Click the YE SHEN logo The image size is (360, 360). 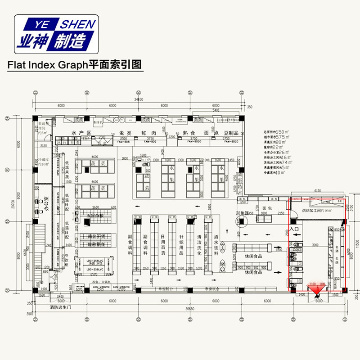coord(56,34)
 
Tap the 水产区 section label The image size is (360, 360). coord(81,134)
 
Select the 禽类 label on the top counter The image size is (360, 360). coord(116,134)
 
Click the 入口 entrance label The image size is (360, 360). coord(294,229)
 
